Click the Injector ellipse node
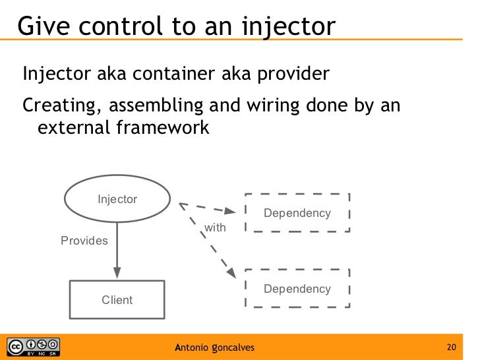pos(117,199)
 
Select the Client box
pos(117,300)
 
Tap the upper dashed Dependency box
pos(297,213)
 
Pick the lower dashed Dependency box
pos(297,289)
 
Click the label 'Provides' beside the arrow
pos(84,241)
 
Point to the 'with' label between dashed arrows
pos(216,227)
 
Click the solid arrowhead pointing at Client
pos(117,274)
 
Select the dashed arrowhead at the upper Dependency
pos(229,212)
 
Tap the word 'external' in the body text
pos(72,127)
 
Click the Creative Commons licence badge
pos(33,347)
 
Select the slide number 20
pos(452,347)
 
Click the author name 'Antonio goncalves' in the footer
pos(214,347)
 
